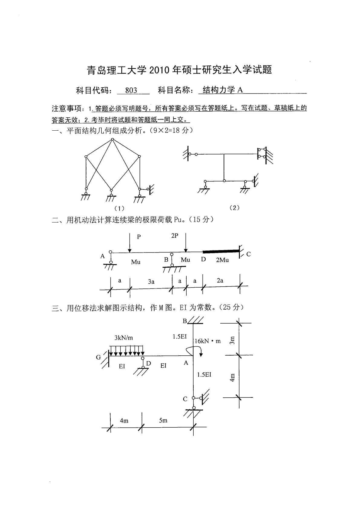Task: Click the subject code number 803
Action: [131, 90]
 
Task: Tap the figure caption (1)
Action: [119, 208]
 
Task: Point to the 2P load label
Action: [175, 236]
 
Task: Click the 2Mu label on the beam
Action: [222, 260]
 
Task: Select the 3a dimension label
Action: [151, 282]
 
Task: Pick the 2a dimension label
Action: [220, 280]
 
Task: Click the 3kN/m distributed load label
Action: [123, 338]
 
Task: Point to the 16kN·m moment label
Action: [208, 341]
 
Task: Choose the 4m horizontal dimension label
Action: [124, 420]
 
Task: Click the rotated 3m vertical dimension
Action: [232, 341]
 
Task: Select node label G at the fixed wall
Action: [99, 357]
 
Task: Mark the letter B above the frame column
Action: [185, 321]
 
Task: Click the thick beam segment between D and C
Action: [221, 251]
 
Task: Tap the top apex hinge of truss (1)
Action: [112, 139]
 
